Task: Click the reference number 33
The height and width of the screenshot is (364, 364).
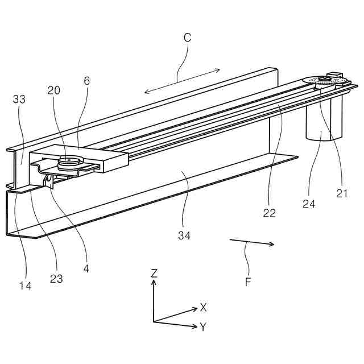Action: point(19,99)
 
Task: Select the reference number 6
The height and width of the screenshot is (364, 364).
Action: point(86,81)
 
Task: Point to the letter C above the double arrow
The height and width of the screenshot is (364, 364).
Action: point(187,38)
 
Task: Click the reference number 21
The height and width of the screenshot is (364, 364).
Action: point(341,193)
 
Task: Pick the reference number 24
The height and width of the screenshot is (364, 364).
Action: point(309,204)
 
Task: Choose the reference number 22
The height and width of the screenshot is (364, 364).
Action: point(269,213)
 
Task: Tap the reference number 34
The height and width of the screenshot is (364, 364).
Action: point(183,235)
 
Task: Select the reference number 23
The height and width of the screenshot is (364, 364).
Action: point(56,279)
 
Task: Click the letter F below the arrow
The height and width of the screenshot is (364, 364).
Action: point(248,281)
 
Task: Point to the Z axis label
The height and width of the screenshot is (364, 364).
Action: point(154,274)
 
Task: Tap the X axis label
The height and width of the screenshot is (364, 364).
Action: point(203,307)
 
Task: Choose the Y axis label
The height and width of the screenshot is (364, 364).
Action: point(203,327)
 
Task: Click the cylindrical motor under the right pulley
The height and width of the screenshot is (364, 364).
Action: point(325,122)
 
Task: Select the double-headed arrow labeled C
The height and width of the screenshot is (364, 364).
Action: point(182,80)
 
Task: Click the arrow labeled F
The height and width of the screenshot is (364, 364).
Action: point(251,243)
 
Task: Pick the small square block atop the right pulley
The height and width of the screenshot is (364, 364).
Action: point(333,74)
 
